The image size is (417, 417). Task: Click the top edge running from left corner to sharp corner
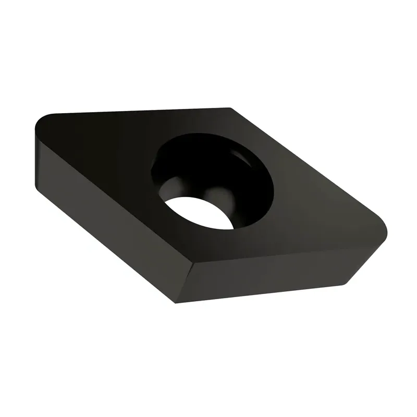(x=136, y=111)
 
